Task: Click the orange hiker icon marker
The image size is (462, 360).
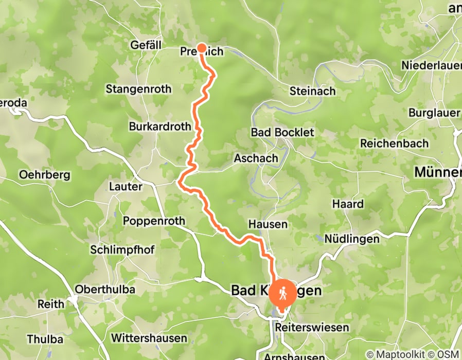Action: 282,294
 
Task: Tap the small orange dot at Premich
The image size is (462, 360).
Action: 202,48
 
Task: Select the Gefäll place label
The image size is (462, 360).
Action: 146,45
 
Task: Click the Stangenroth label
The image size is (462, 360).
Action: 138,89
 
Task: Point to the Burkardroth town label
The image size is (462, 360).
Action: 160,126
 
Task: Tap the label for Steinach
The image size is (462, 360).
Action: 312,91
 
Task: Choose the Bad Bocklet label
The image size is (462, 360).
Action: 282,132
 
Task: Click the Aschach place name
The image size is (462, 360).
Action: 256,158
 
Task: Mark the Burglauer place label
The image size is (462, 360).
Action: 434,112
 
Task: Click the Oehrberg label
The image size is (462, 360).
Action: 44,174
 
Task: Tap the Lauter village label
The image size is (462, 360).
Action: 126,186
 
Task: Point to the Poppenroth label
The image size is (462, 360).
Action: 153,221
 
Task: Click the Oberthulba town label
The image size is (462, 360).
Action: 105,290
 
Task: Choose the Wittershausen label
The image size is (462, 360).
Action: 149,338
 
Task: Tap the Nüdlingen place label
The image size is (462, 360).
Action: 352,239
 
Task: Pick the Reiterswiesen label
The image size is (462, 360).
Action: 305,327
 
